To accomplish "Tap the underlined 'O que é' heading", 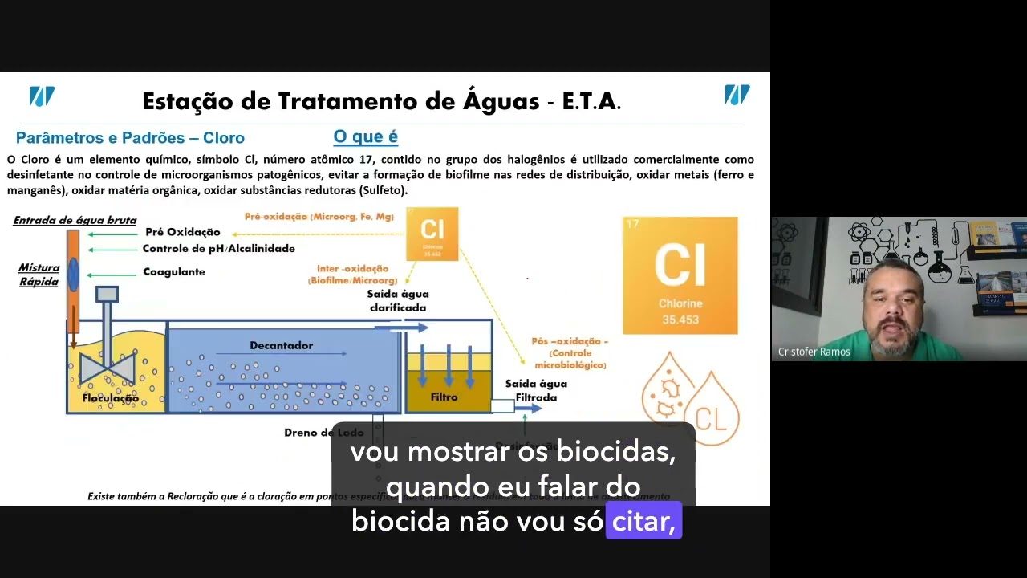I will (365, 137).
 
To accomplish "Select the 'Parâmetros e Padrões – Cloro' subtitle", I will (130, 138).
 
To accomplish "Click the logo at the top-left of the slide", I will (42, 96).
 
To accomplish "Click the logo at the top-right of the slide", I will (737, 95).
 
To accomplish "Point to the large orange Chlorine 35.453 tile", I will (680, 275).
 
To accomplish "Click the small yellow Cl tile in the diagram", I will (432, 234).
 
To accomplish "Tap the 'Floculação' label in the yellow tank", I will (111, 398).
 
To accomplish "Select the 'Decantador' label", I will (281, 345).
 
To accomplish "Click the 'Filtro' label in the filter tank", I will (444, 397).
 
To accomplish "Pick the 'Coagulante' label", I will (174, 272).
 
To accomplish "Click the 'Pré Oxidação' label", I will (183, 232).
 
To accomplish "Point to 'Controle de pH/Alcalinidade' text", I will (218, 249).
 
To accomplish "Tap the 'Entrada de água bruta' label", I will (75, 220).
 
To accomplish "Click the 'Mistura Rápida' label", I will (39, 275).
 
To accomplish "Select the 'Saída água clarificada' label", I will (398, 301).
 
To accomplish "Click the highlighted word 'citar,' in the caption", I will (643, 522).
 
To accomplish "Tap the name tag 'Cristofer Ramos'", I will (814, 352).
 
